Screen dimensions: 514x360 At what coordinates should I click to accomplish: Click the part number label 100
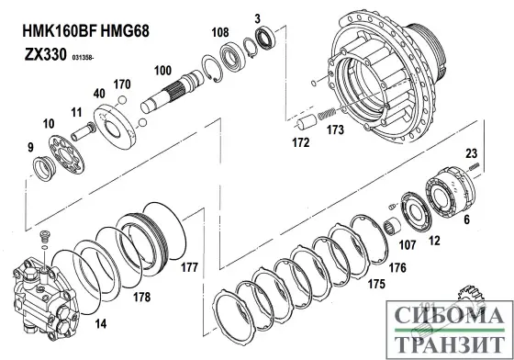point(163,71)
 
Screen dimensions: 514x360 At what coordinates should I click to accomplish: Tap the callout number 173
point(335,129)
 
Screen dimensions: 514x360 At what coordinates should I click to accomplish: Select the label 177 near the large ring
point(189,267)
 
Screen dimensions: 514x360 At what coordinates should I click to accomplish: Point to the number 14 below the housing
point(101,324)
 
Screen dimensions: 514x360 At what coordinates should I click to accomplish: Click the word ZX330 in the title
point(46,54)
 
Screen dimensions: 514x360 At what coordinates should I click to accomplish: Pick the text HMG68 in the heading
point(125,31)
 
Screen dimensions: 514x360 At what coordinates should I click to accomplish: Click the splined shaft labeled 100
point(173,92)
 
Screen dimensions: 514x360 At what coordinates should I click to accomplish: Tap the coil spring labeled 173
point(327,114)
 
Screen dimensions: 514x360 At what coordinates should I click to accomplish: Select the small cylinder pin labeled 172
point(307,123)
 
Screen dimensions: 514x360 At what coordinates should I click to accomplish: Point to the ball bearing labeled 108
point(232,56)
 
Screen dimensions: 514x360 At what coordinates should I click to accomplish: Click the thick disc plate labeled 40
point(114,127)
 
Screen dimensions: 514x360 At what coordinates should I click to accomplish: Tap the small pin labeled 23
point(475,166)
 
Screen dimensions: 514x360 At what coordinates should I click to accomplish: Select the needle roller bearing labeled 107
point(393,227)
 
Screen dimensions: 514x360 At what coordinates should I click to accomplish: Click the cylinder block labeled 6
point(450,193)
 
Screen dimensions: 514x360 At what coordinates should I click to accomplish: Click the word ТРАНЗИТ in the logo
point(450,343)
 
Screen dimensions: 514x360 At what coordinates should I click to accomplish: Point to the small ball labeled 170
point(122,99)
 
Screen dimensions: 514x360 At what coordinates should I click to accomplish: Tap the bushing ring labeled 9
point(44,169)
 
